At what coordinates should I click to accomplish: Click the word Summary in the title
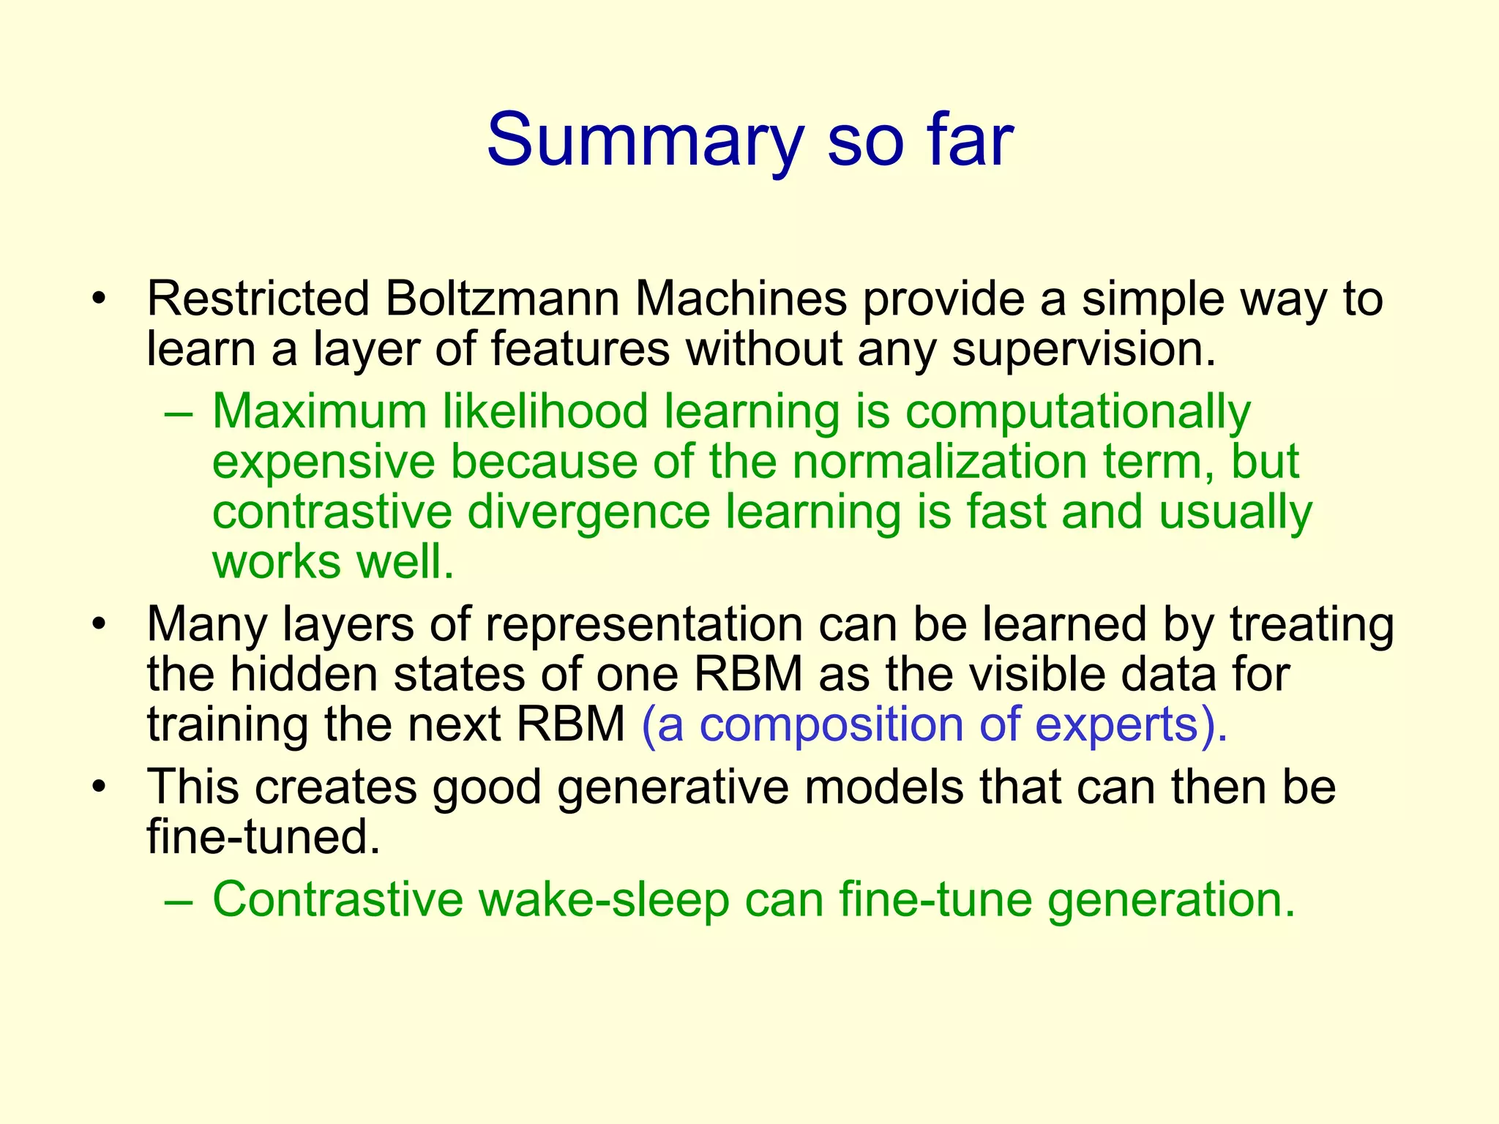[645, 140]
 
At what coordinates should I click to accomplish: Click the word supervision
[1083, 349]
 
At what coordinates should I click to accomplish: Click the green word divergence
[588, 512]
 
